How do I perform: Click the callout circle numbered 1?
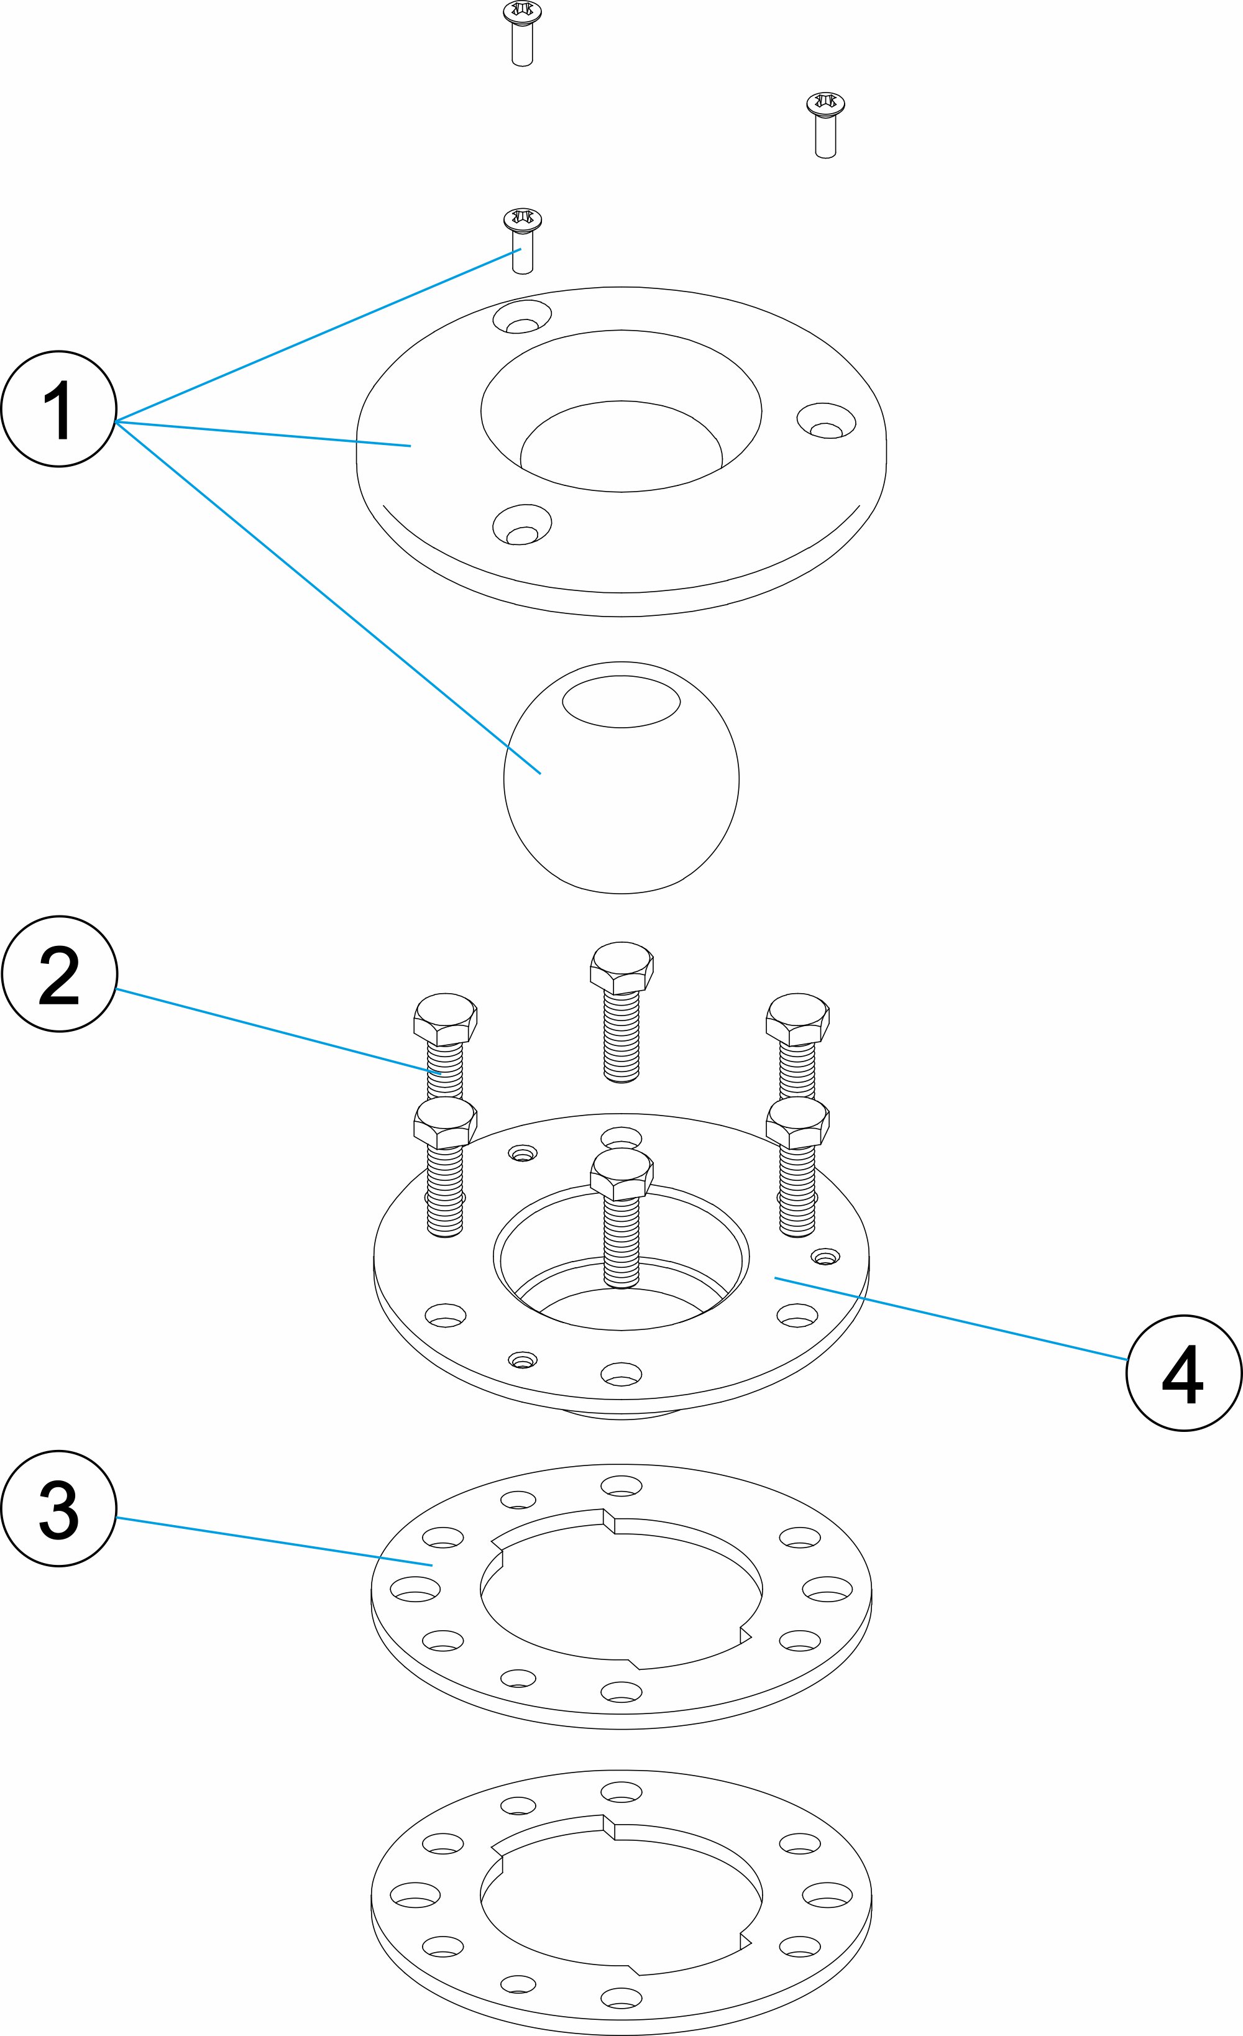[x=58, y=409]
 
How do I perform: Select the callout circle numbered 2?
[x=60, y=973]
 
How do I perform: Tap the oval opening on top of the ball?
[x=621, y=700]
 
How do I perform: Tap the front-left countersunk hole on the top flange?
[x=521, y=524]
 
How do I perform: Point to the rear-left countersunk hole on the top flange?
[x=521, y=316]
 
